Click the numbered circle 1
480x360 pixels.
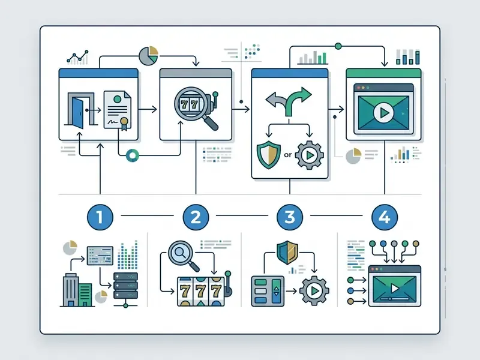100,217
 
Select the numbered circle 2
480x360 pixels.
196,217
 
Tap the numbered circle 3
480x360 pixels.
290,217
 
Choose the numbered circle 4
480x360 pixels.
385,217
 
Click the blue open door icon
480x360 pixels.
78,112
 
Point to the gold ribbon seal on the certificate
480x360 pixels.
124,124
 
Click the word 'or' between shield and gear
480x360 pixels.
288,155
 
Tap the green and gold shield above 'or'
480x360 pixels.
268,155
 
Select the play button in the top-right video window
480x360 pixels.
383,113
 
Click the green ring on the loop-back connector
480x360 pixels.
133,155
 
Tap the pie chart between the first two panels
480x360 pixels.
148,56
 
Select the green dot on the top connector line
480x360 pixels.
338,46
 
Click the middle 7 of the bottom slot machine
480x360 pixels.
200,291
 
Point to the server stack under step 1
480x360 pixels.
125,286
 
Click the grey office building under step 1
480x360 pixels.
71,290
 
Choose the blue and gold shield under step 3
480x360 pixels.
287,252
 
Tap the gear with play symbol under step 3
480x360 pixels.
314,291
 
